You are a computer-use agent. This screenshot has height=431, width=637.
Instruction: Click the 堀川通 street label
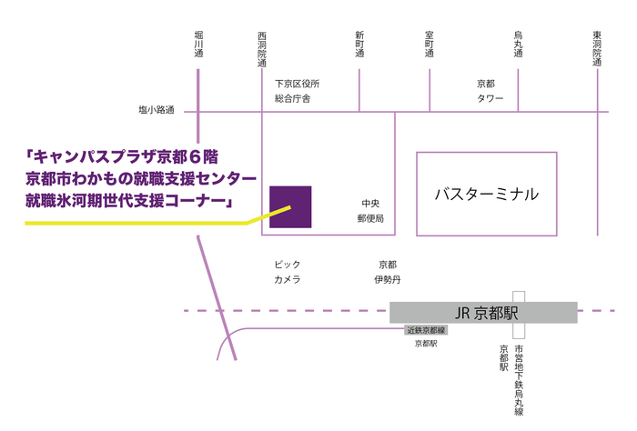coord(198,45)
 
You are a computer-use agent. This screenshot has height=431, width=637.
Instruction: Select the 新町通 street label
coord(359,45)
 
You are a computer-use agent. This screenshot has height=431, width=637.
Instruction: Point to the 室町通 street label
coord(430,45)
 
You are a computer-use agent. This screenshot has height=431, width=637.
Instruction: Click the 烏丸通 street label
coord(518,45)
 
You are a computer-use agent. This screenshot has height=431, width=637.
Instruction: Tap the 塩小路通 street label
coord(158,112)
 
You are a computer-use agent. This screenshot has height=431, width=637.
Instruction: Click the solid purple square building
coord(290,206)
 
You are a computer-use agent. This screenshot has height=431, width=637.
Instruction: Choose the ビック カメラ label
coord(288,272)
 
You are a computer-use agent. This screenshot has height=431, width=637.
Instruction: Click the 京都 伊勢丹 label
coord(386,272)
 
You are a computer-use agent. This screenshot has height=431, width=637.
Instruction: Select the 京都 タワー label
coord(487,91)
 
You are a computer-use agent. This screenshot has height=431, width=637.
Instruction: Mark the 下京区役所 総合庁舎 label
coord(298,91)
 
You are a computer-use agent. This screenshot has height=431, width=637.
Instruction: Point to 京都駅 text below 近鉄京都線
coord(425,345)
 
